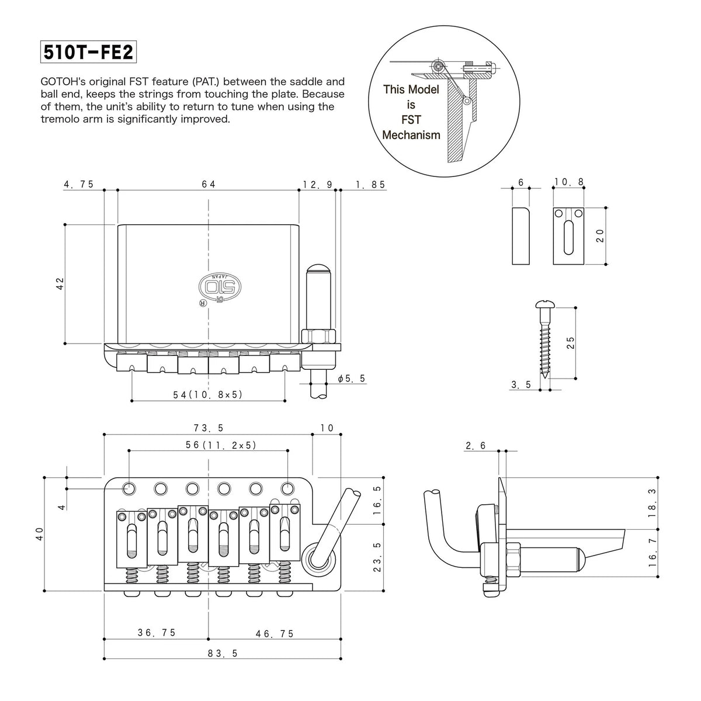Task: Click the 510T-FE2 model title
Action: click(88, 52)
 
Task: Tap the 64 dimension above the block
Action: click(209, 185)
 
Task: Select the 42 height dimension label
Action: click(60, 284)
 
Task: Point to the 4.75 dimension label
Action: click(79, 185)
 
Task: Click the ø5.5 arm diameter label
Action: click(352, 379)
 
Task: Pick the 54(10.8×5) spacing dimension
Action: click(208, 395)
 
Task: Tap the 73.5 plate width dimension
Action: click(209, 428)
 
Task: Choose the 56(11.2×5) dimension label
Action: click(221, 445)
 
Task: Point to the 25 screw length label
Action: click(571, 343)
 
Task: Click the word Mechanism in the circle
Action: click(411, 136)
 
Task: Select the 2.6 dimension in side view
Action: click(476, 446)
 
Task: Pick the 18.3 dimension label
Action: click(653, 503)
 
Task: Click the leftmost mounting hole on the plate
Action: click(129, 488)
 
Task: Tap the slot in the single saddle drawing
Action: click(568, 238)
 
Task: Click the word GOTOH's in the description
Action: click(63, 81)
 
